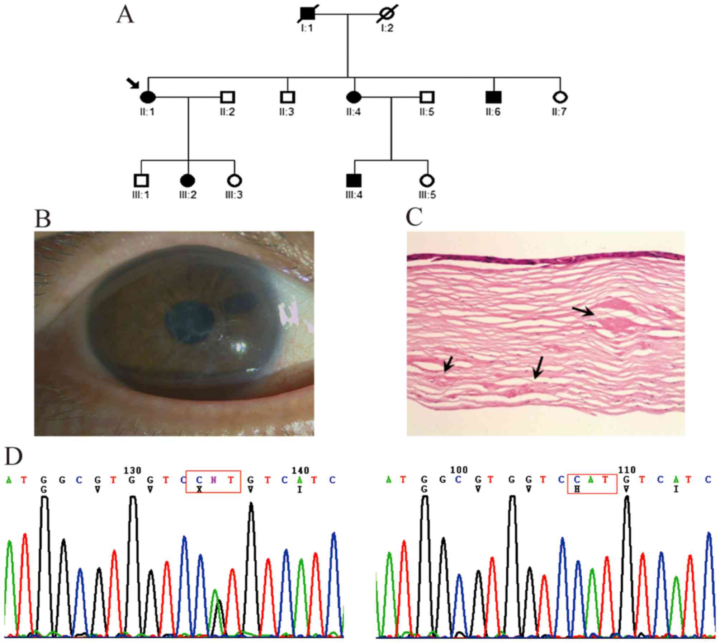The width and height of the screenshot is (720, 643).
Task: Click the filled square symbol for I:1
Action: coord(307,15)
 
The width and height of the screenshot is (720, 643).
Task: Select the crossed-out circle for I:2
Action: coord(387,15)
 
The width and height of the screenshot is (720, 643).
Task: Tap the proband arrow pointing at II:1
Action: coord(133,84)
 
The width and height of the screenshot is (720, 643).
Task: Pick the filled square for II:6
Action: coord(494,97)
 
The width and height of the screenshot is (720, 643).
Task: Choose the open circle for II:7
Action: coord(560,97)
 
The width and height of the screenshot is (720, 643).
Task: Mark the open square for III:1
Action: coord(141,181)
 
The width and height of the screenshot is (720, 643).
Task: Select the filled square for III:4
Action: coord(354,181)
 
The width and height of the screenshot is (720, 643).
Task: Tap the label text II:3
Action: coord(287,112)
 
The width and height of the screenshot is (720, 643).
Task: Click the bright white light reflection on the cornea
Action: coord(240,346)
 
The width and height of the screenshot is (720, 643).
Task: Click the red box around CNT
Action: coord(213,482)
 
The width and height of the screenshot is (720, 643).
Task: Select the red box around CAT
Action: coord(592,484)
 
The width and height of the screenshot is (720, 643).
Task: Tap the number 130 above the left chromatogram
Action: coord(133,470)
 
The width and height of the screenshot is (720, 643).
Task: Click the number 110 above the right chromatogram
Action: coord(627,470)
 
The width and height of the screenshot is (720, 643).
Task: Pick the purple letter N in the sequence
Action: coord(214,480)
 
